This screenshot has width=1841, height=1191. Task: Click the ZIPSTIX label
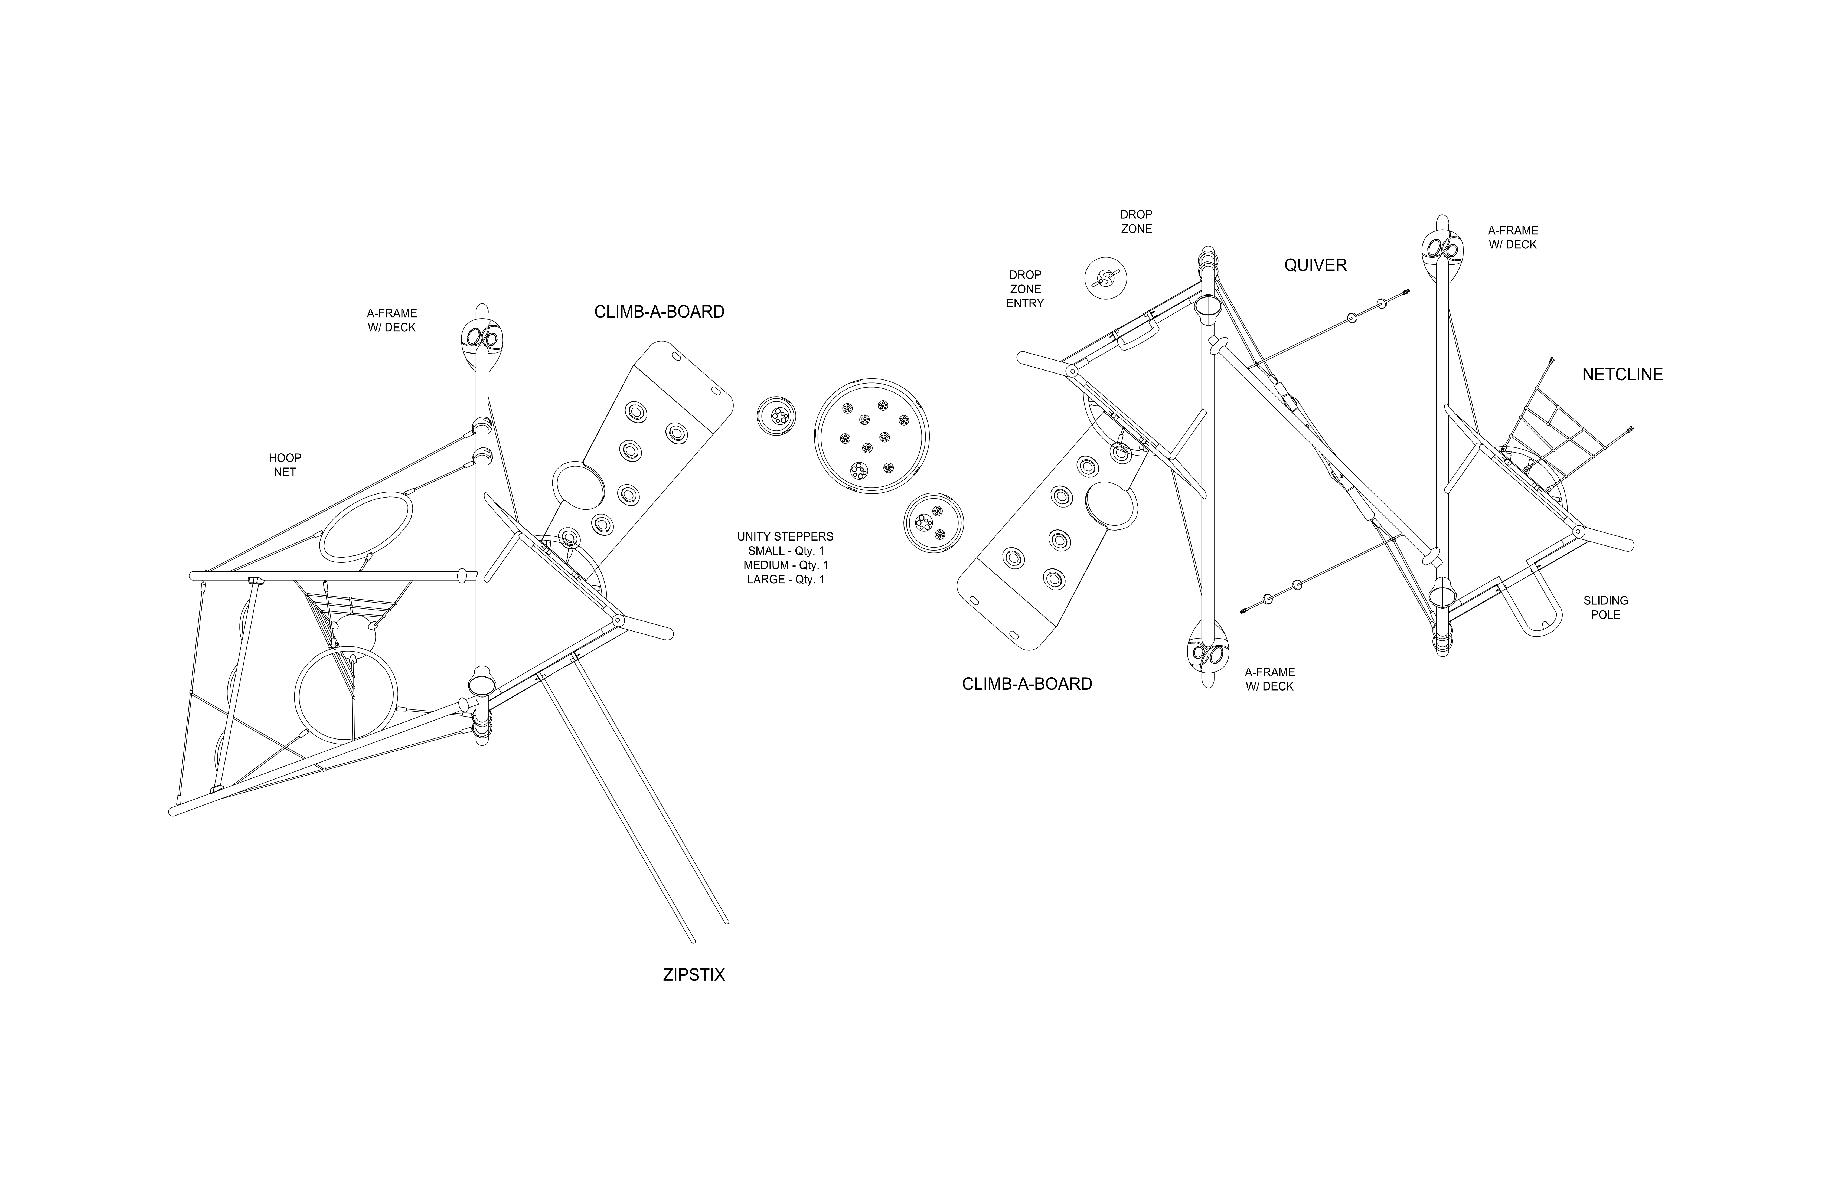pyautogui.click(x=694, y=974)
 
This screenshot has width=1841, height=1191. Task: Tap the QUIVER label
pyautogui.click(x=1315, y=265)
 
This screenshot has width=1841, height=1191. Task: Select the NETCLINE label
pyautogui.click(x=1622, y=374)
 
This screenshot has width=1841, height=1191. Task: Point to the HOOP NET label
pyautogui.click(x=285, y=465)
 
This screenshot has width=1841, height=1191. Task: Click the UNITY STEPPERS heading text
pyautogui.click(x=785, y=536)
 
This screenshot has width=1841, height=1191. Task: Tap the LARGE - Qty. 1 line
pyautogui.click(x=785, y=579)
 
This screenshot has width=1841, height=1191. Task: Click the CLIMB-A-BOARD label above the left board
pyautogui.click(x=659, y=312)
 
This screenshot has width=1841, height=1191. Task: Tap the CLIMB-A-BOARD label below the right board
pyautogui.click(x=1026, y=684)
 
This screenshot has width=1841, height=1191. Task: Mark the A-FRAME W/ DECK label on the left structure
pyautogui.click(x=391, y=320)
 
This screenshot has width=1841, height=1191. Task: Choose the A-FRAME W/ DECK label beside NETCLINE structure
pyautogui.click(x=1512, y=237)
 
